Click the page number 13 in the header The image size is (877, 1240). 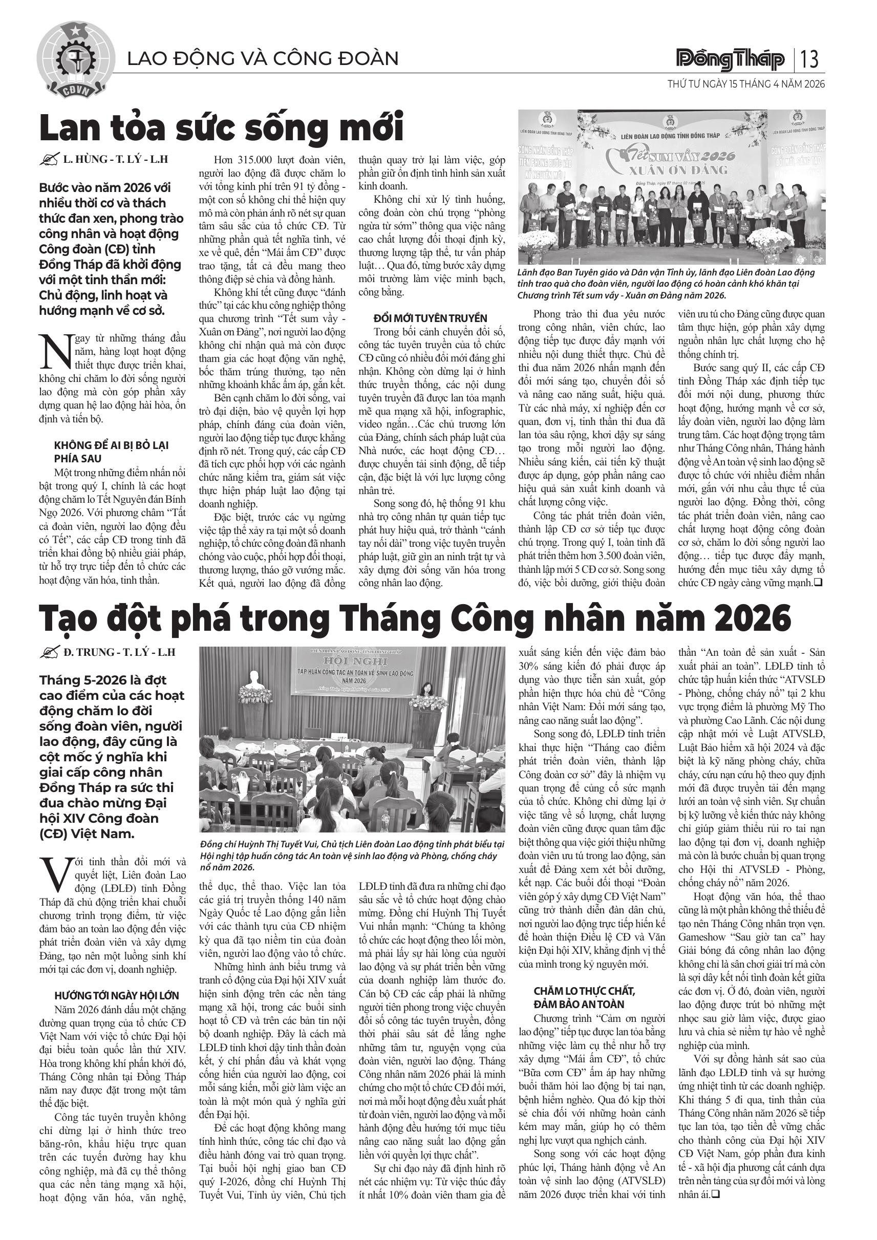point(810,59)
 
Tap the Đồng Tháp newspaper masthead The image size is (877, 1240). point(731,59)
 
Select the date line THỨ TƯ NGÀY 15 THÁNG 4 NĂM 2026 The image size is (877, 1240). point(746,85)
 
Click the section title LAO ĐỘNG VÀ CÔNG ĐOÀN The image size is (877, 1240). point(263,58)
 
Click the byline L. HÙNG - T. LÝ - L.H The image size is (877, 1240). point(115,159)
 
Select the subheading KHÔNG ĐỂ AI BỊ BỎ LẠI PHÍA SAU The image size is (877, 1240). point(111,452)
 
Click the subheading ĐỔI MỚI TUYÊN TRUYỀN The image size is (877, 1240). point(430,318)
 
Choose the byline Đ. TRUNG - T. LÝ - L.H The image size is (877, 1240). point(119,652)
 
